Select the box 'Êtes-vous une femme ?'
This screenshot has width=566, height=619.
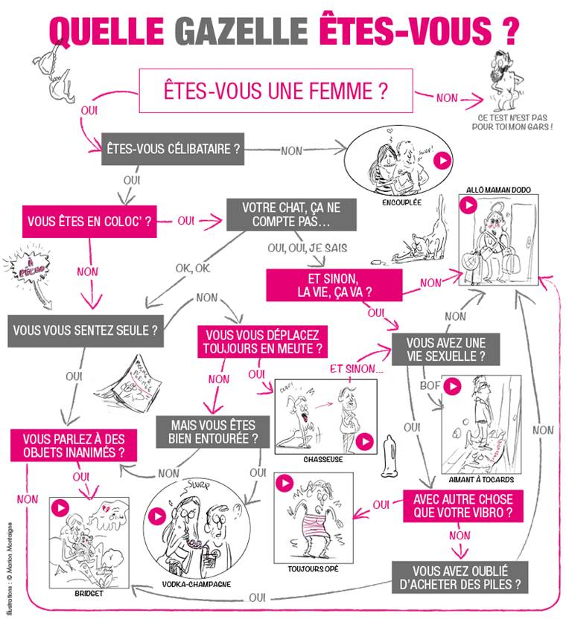(275, 92)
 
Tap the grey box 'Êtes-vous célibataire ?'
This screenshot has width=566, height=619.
(174, 149)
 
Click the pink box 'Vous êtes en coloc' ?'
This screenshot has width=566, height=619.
(89, 221)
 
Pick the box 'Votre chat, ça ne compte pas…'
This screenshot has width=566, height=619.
(287, 214)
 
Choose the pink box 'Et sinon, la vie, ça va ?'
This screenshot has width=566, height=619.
(334, 285)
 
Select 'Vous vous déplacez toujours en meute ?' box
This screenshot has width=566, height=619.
(263, 341)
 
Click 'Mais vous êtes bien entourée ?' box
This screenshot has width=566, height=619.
(212, 431)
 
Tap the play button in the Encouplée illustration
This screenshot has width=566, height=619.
(442, 160)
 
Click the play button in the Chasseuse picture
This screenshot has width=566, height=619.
(364, 442)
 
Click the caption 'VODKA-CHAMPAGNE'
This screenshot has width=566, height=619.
(197, 584)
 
